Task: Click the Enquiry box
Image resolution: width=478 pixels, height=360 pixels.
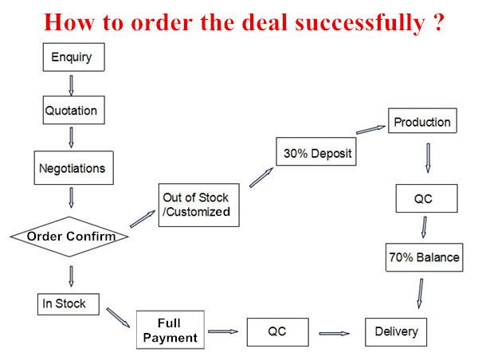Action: (x=74, y=57)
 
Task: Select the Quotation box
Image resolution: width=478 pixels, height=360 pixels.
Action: (x=74, y=110)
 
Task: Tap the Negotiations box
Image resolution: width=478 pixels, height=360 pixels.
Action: (x=74, y=167)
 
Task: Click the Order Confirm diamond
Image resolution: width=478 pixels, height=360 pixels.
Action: (x=69, y=237)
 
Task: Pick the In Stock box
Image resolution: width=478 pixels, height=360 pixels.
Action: (x=69, y=304)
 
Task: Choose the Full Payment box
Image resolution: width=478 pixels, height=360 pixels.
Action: (x=170, y=330)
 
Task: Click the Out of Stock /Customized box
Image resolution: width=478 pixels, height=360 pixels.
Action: (x=198, y=205)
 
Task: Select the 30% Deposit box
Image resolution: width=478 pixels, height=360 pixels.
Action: (x=316, y=151)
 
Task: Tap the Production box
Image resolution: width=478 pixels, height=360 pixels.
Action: (x=422, y=120)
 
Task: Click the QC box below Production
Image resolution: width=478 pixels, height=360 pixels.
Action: (x=427, y=198)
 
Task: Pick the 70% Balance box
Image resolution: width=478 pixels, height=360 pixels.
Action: (x=425, y=257)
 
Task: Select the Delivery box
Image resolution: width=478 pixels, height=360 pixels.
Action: (x=396, y=332)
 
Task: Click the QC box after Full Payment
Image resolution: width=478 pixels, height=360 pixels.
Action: (x=278, y=332)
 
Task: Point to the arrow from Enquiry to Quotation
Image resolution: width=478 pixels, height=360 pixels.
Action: (x=71, y=85)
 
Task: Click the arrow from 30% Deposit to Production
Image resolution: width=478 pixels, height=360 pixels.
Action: (x=370, y=130)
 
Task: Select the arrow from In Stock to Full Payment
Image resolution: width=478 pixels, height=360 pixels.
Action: (x=118, y=318)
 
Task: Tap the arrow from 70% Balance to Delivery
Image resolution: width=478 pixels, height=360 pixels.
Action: (x=421, y=293)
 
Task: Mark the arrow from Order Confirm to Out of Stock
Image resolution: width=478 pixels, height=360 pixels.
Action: (x=143, y=218)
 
